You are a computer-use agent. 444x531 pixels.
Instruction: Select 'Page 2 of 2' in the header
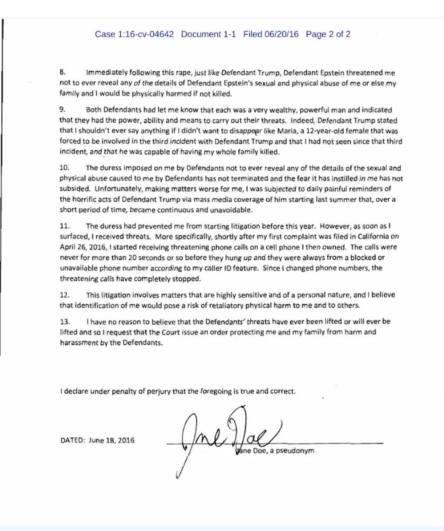(328, 34)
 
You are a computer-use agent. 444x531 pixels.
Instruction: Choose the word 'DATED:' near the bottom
(73, 441)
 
